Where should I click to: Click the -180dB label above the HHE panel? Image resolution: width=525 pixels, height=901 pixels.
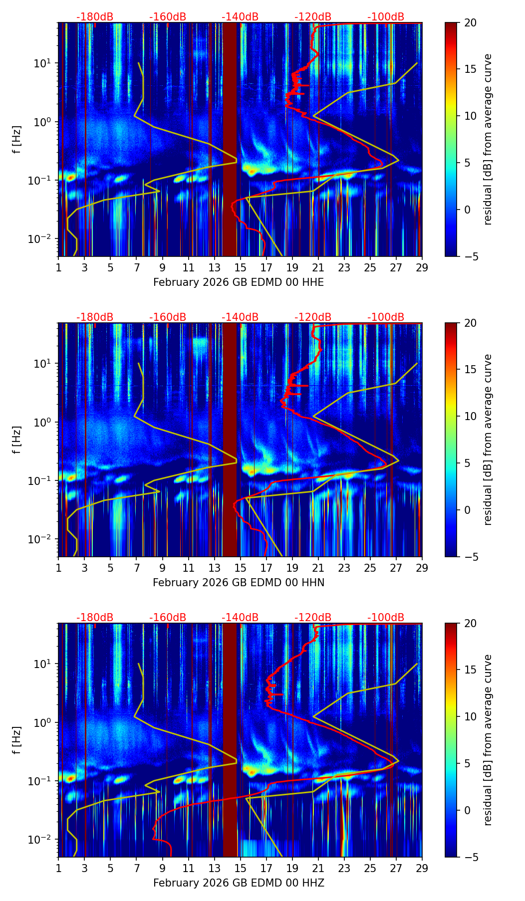click(x=95, y=17)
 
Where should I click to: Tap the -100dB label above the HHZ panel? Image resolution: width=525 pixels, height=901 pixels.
click(x=386, y=618)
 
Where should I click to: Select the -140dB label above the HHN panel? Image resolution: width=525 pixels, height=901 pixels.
click(x=240, y=317)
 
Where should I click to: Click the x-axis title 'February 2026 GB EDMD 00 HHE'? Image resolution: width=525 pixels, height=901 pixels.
click(x=239, y=282)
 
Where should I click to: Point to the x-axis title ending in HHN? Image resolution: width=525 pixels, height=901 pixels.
click(x=239, y=583)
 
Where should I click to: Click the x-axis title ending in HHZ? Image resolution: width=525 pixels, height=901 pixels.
click(x=239, y=883)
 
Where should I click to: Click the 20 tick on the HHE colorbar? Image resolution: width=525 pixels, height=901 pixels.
click(x=470, y=22)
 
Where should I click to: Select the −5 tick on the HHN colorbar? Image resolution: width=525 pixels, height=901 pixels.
click(x=470, y=557)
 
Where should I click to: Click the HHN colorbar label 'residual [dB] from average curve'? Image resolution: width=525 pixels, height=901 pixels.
click(x=488, y=440)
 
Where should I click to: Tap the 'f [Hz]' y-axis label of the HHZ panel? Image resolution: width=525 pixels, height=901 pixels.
click(x=17, y=740)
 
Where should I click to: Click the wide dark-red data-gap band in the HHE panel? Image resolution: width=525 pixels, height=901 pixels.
click(x=230, y=140)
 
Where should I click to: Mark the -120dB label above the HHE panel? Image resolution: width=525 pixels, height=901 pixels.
click(x=313, y=17)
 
